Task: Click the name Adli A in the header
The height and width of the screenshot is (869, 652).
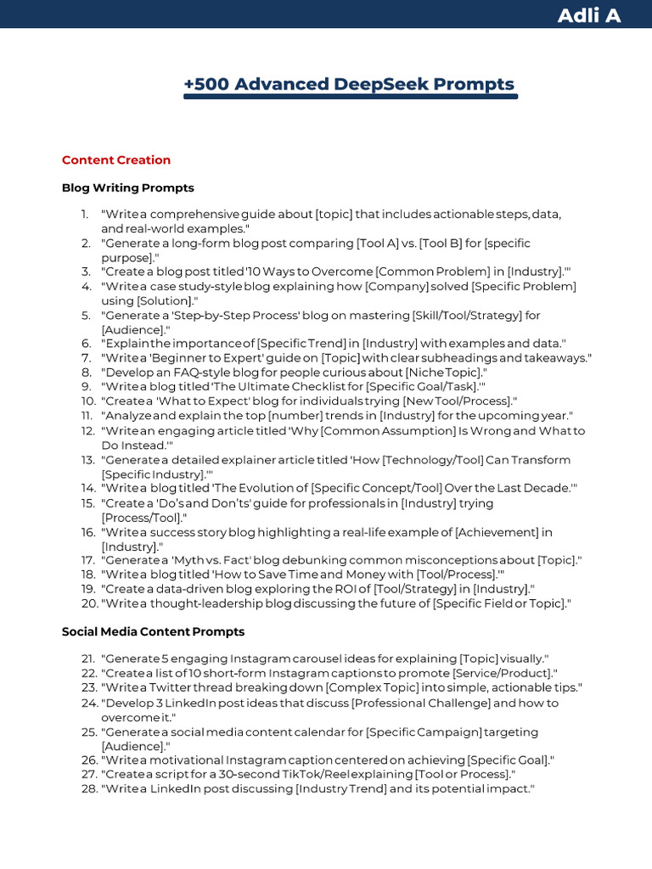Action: coord(588,15)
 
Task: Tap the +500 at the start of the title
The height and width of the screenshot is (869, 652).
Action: coord(206,84)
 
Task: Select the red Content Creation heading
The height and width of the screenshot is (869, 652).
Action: coord(116,160)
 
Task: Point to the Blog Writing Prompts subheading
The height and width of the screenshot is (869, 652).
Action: coord(128,188)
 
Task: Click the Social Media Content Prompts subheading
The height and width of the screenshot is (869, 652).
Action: coord(153,631)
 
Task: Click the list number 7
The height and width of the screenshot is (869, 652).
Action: coord(87,358)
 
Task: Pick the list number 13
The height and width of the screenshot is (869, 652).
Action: coord(88,460)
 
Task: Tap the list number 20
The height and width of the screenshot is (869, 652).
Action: coord(88,603)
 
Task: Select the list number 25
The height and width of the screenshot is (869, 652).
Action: coord(88,732)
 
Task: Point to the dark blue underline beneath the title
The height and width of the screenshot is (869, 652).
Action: coord(351,97)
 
